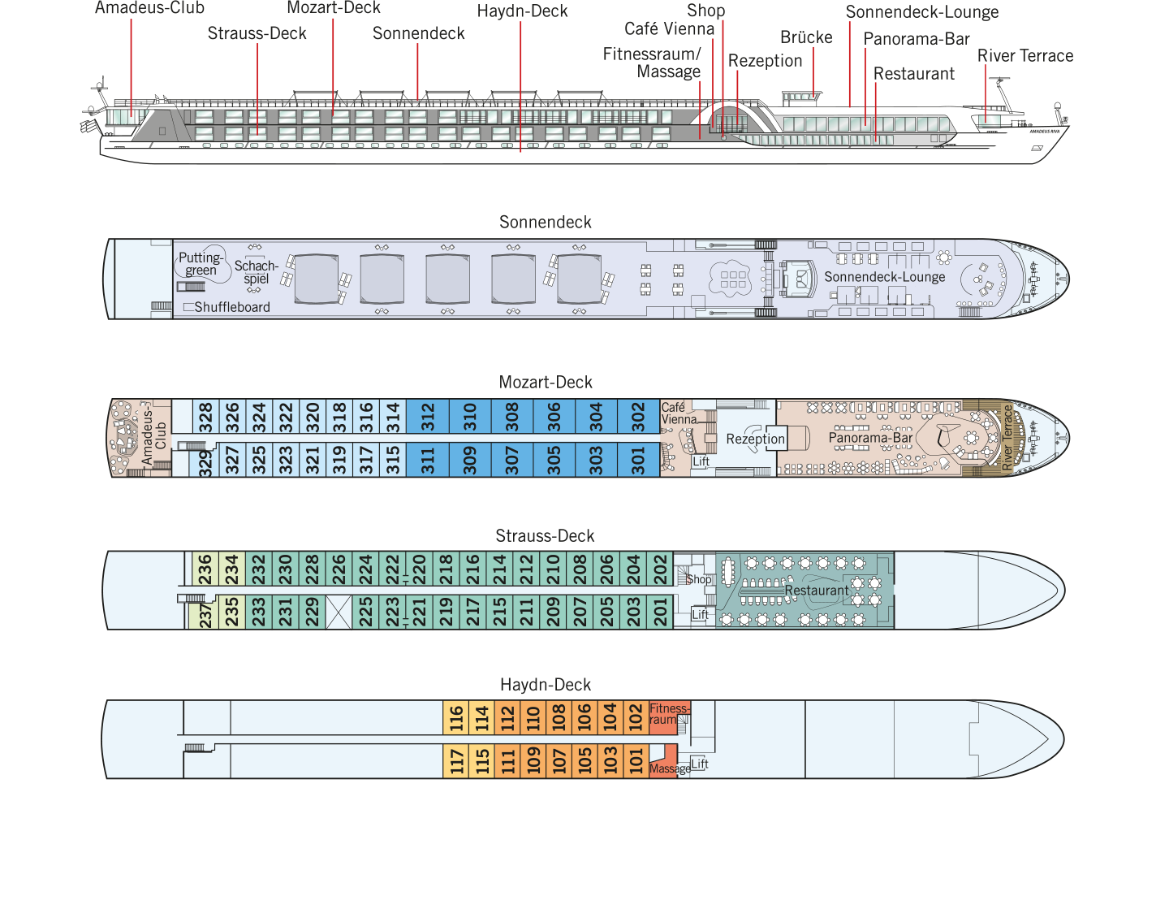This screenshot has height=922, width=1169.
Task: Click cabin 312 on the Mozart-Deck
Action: pyautogui.click(x=428, y=417)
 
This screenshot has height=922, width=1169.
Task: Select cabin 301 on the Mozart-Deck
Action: pyautogui.click(x=638, y=460)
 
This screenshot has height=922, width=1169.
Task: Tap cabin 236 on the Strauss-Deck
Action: pyautogui.click(x=205, y=569)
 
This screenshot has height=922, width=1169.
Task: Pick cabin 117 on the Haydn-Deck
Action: pyautogui.click(x=455, y=760)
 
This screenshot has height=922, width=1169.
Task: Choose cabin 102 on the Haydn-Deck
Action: pyautogui.click(x=636, y=717)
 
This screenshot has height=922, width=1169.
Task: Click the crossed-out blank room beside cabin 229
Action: pyautogui.click(x=339, y=613)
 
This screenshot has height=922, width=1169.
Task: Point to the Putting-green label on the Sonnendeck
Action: pyautogui.click(x=201, y=264)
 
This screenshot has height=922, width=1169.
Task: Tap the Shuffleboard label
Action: pyautogui.click(x=232, y=307)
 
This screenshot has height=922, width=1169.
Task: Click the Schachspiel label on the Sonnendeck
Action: pyautogui.click(x=256, y=272)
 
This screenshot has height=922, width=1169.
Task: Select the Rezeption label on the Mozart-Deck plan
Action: pyautogui.click(x=755, y=439)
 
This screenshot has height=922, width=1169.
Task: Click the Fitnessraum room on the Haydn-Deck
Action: pyautogui.click(x=669, y=717)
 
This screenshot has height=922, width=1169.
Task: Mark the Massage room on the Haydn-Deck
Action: pyautogui.click(x=664, y=761)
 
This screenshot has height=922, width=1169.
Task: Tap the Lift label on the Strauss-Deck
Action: pyautogui.click(x=700, y=615)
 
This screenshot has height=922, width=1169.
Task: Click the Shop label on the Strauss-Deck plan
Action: pyautogui.click(x=699, y=579)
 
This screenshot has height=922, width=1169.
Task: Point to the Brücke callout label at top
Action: pyautogui.click(x=806, y=37)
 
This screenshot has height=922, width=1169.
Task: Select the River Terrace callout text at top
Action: pyautogui.click(x=1025, y=55)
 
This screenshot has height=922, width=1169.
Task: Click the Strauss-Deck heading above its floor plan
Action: pyautogui.click(x=545, y=536)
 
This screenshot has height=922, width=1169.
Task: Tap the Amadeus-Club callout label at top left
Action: pyautogui.click(x=149, y=8)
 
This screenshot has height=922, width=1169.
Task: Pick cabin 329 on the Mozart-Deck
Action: pyautogui.click(x=205, y=463)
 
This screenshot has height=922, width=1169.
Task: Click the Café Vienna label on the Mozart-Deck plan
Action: pyautogui.click(x=679, y=413)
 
